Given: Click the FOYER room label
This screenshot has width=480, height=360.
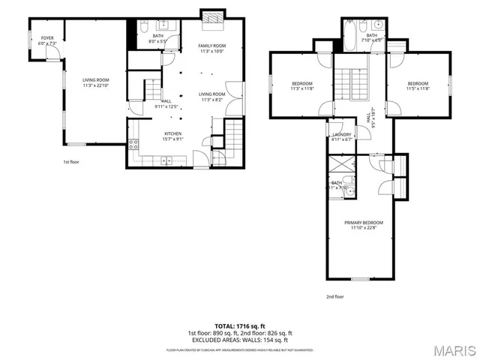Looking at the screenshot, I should tap(47, 37).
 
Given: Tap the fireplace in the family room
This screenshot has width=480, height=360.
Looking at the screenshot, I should tap(211, 14).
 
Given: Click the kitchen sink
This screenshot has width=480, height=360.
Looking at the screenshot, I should tap(166, 159).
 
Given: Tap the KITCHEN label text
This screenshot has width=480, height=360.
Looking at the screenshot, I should tap(173, 133).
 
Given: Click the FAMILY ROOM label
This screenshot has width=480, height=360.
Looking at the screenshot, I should tap(211, 46).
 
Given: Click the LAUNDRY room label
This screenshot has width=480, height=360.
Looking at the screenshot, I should tap(341, 134).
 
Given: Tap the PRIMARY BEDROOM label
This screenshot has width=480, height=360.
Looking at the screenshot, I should tap(363, 223).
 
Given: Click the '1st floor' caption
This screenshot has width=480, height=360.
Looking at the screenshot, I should tap(72, 161).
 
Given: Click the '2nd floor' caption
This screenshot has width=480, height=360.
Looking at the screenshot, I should tap(334, 296).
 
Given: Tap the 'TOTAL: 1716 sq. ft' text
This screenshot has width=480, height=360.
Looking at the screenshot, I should tap(240, 326).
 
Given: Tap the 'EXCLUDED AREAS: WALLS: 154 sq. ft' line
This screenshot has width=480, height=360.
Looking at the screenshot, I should tap(240, 340).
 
